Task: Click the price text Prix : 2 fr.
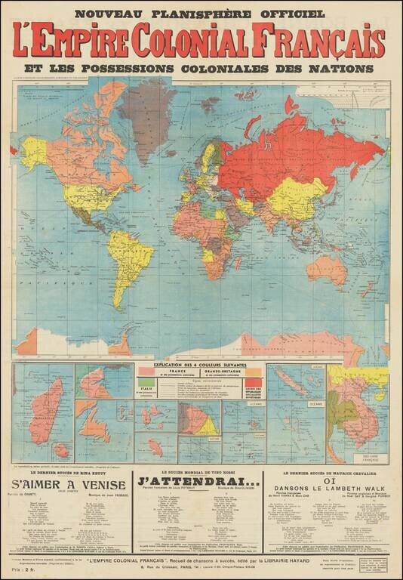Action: coord(26,571)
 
